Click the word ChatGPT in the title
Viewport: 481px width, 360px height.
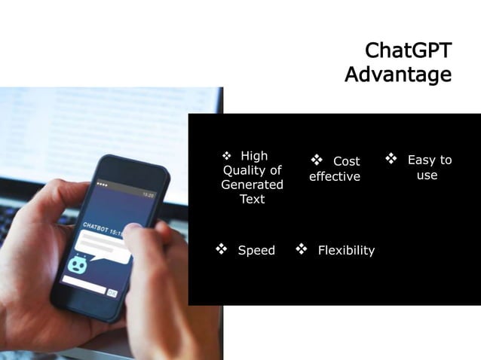coord(408,50)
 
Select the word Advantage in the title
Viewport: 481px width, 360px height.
coord(398,75)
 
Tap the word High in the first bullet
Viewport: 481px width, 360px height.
coord(254,156)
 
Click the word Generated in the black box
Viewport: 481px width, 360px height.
coord(252,185)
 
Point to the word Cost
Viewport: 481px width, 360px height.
coord(346,161)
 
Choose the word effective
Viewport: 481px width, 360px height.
coord(335,177)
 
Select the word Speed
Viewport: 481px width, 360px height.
coord(256,250)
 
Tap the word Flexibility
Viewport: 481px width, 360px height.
coord(346,250)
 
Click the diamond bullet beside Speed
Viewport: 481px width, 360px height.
coord(222,249)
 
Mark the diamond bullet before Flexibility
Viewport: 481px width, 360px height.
coord(302,249)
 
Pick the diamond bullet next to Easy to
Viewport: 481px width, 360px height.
coord(391,159)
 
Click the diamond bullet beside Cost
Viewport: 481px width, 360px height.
coord(317,160)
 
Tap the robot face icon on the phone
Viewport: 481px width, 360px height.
coord(77,264)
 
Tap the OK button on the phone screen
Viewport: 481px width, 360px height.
coord(112,292)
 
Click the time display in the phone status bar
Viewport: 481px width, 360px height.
coord(148,194)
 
